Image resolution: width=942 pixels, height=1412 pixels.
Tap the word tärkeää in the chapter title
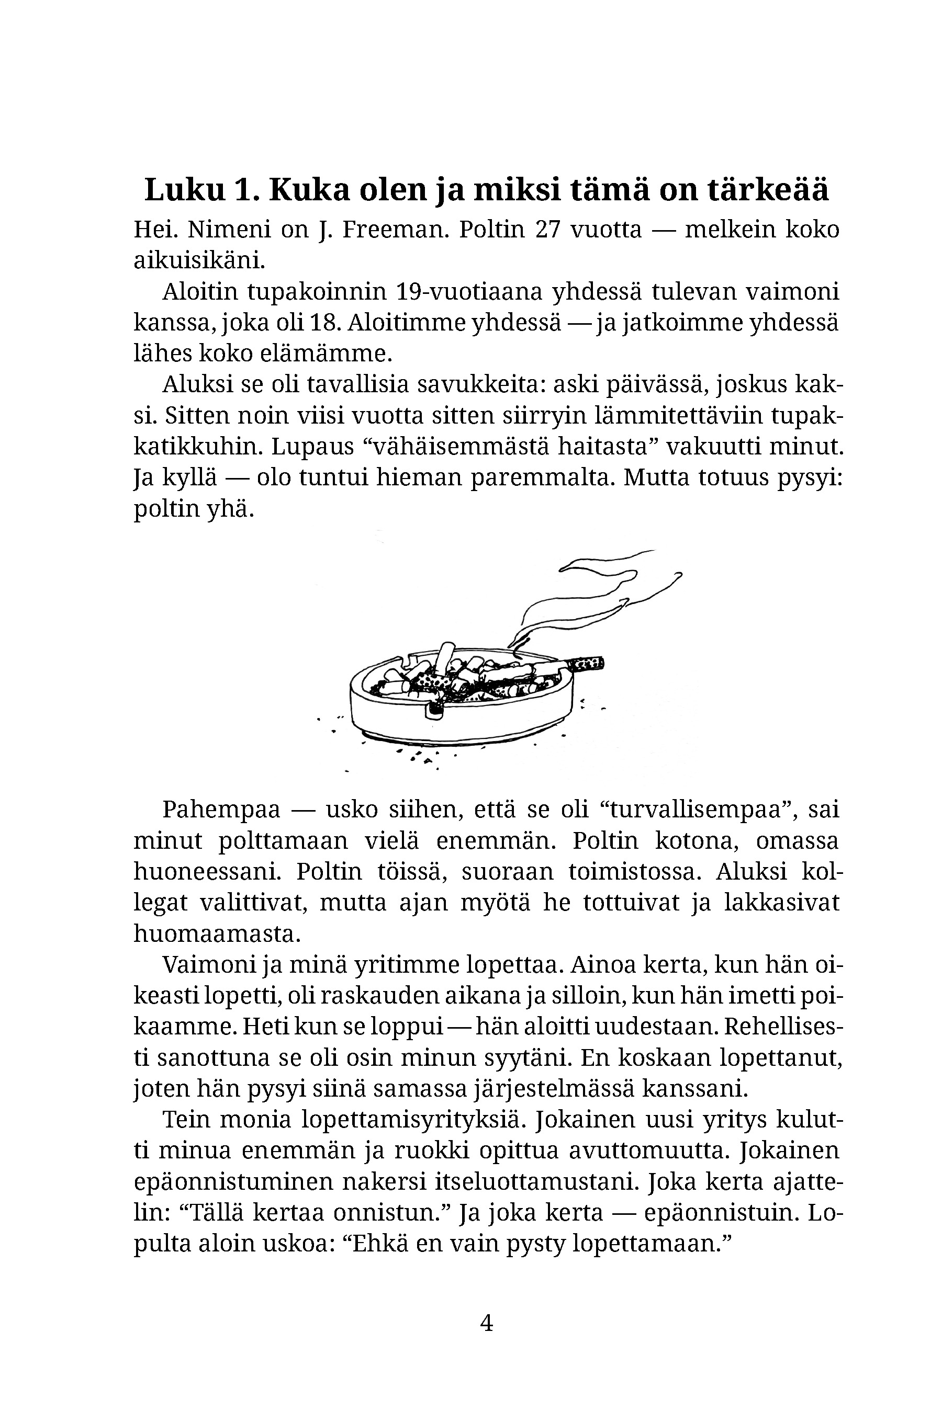pyautogui.click(x=768, y=190)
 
